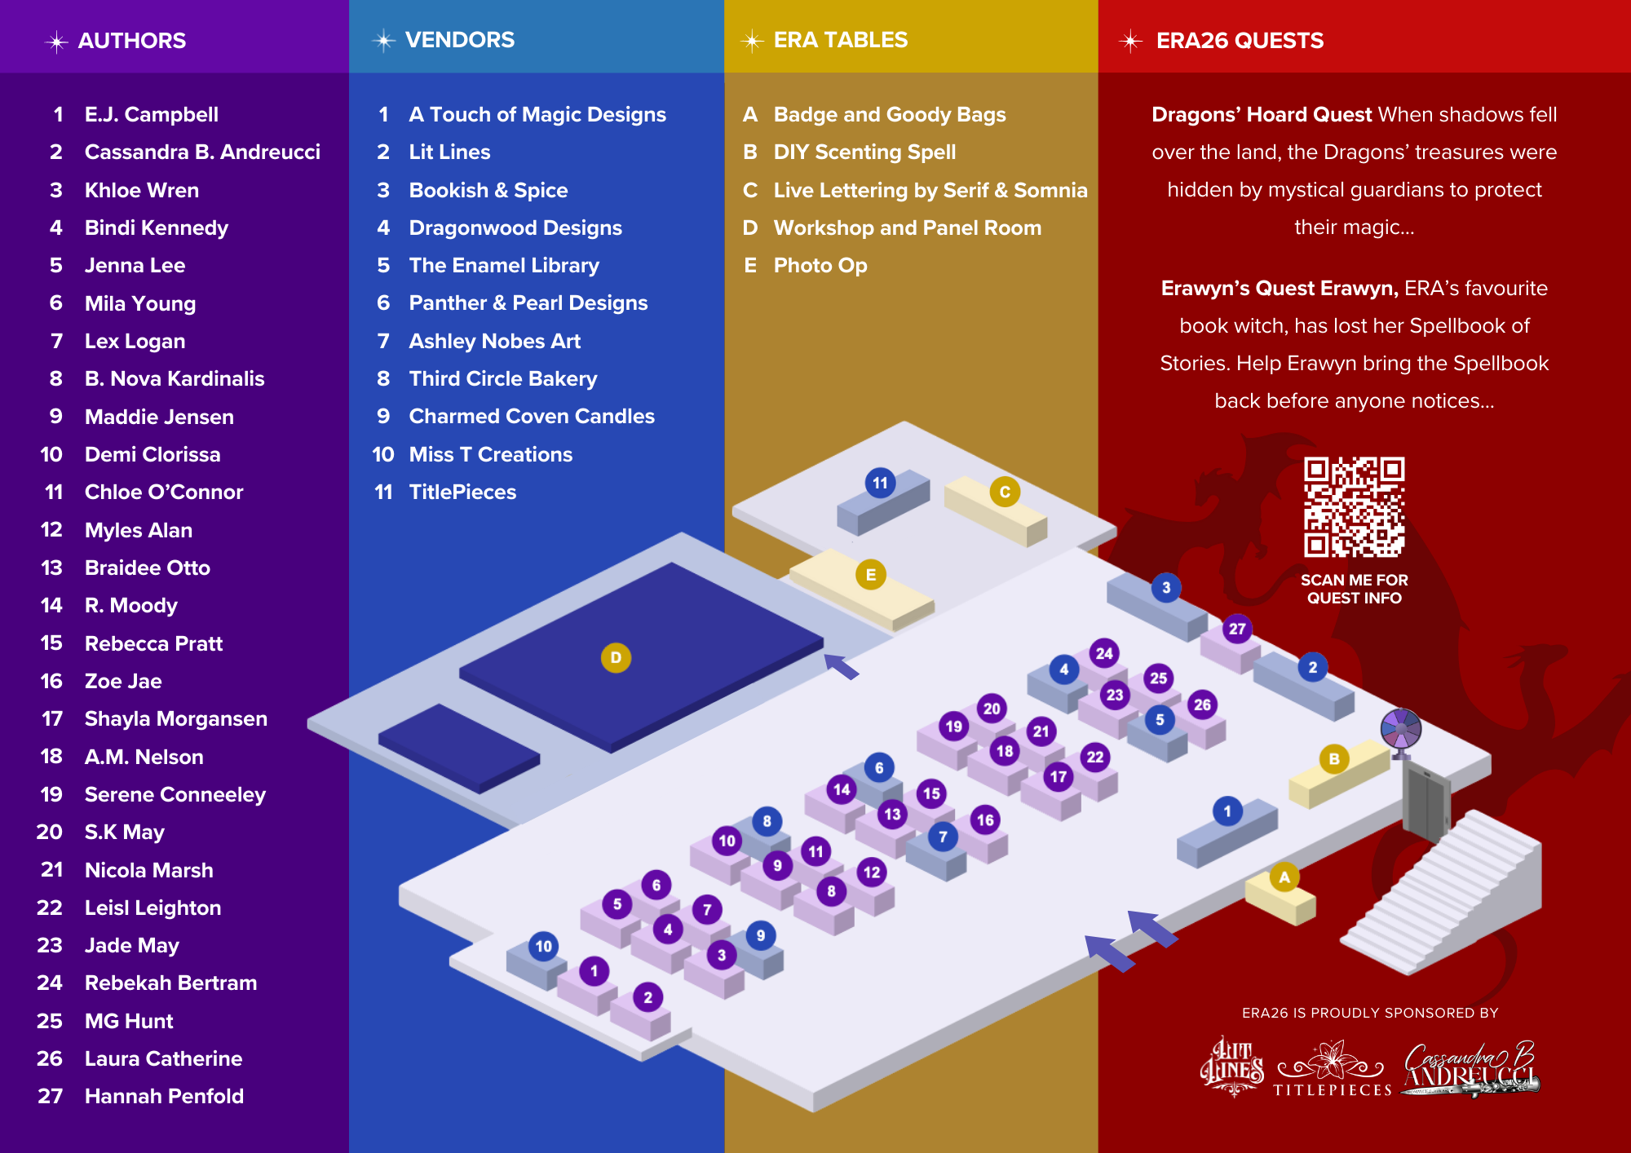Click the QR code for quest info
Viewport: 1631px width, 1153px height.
tap(1354, 506)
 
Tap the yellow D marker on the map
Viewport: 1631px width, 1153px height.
tap(616, 657)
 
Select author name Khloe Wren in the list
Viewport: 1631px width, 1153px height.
tap(141, 190)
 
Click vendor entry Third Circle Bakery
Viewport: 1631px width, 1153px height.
tap(502, 378)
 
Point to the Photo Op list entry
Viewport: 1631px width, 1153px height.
tap(820, 265)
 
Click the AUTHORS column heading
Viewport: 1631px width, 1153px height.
tap(131, 41)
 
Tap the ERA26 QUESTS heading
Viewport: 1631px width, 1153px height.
tap(1239, 41)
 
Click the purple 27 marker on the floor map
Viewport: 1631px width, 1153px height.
tap(1237, 629)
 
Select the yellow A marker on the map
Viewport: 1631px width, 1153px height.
tap(1284, 877)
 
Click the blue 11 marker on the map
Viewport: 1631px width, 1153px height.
tap(880, 483)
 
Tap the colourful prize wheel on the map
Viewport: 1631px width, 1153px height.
tap(1400, 728)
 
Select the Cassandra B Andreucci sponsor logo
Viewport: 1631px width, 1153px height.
tap(1470, 1068)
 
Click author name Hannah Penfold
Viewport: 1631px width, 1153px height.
tap(164, 1096)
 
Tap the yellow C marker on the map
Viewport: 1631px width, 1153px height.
tap(1005, 492)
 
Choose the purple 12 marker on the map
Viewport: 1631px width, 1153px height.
tap(872, 872)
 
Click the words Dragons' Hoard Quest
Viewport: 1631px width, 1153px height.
tap(1261, 114)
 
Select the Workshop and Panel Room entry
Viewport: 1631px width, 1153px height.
tap(907, 228)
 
